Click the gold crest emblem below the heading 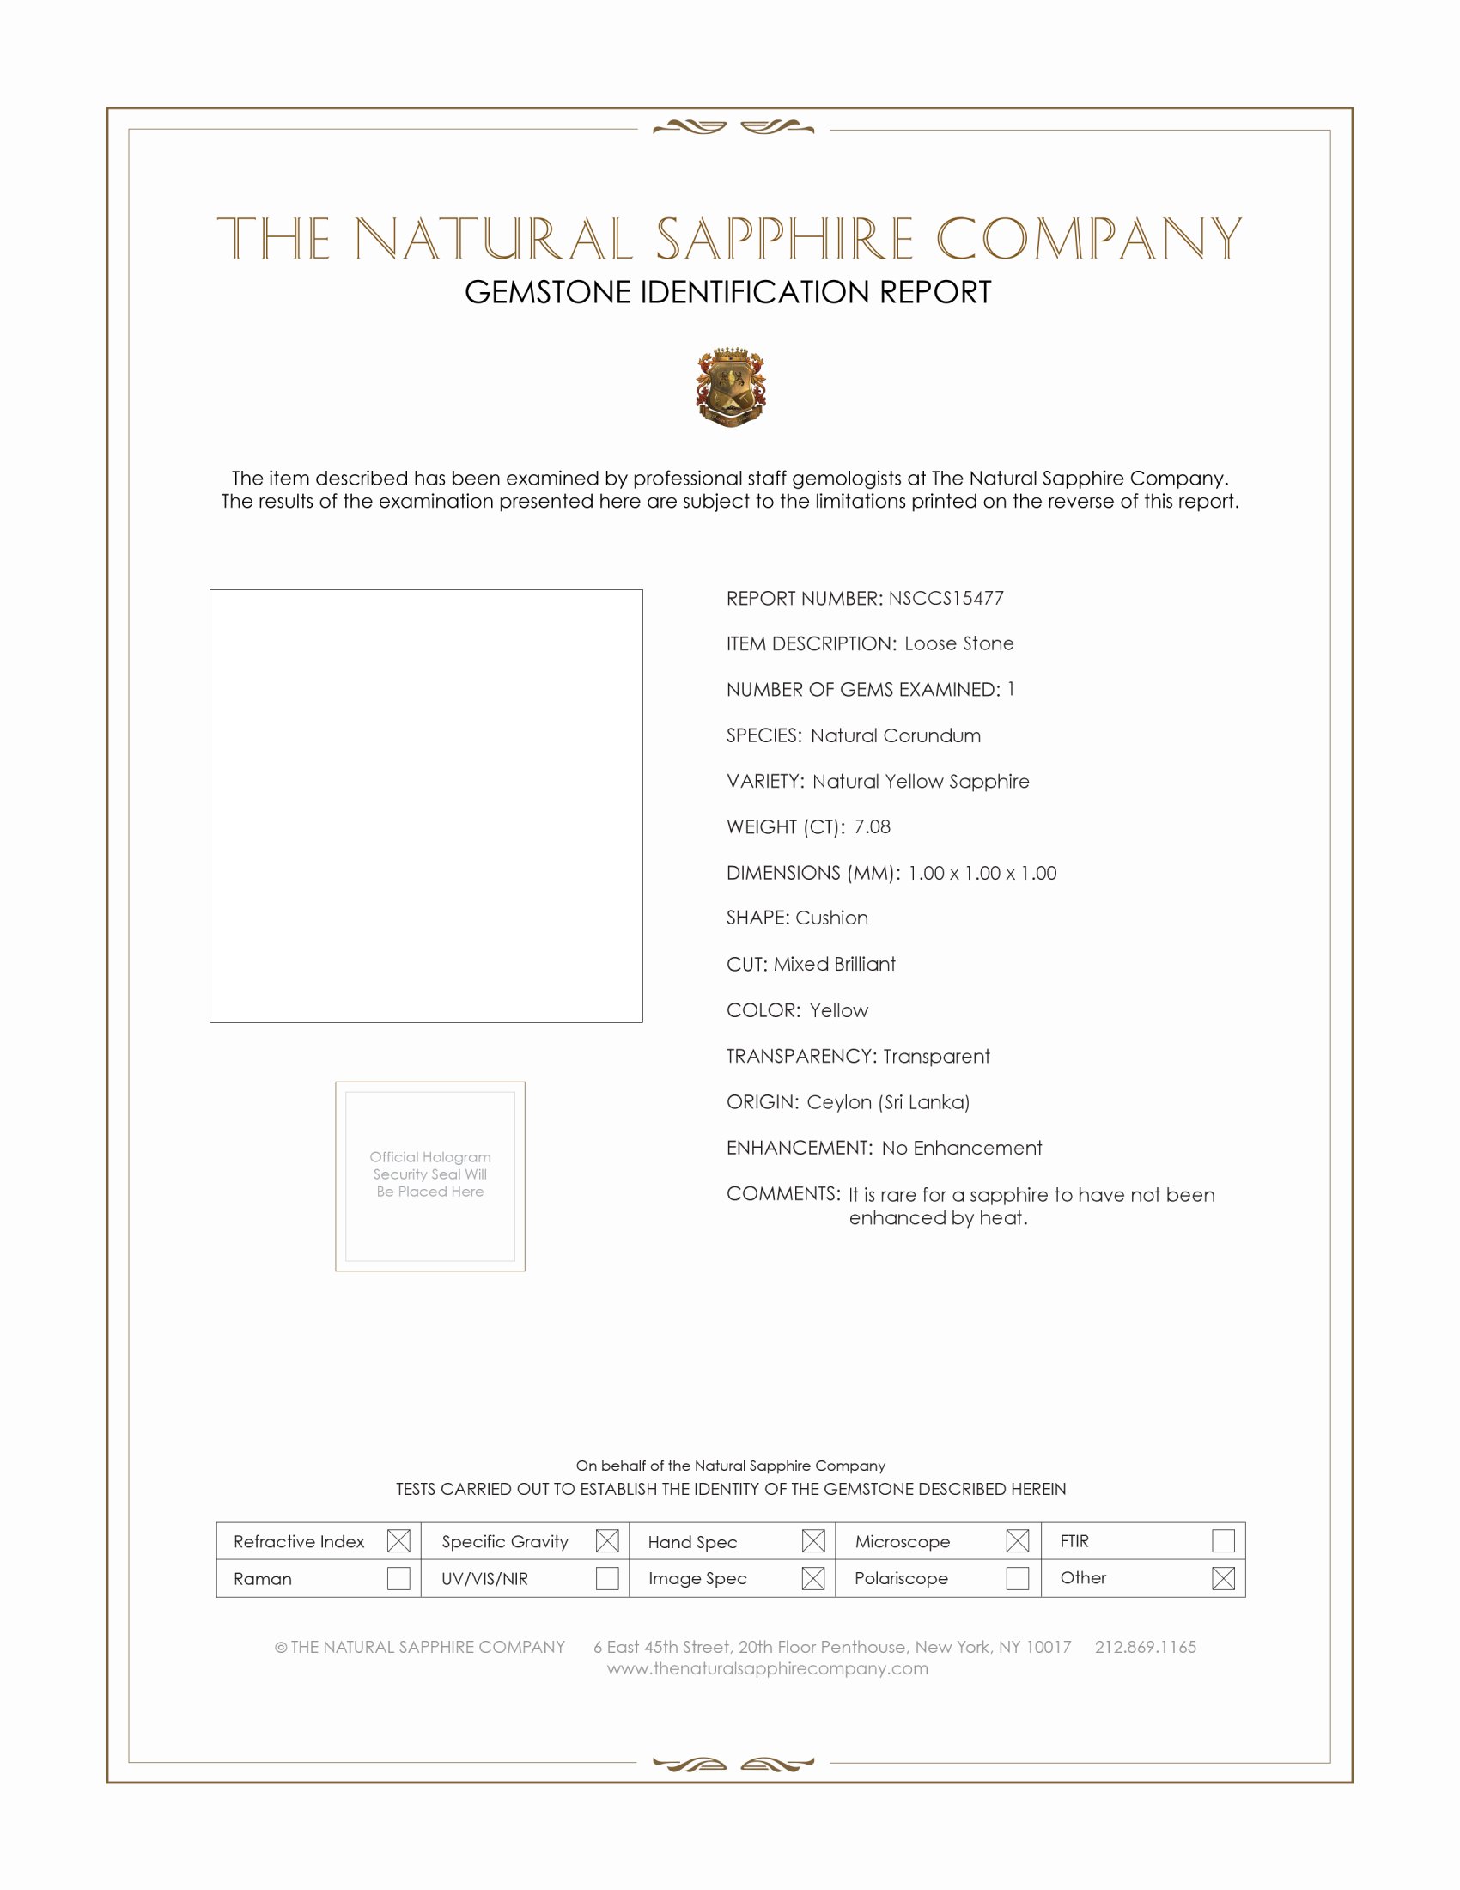tap(731, 387)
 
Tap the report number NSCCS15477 tap(946, 598)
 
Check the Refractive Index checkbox tap(398, 1540)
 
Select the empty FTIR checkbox tap(1223, 1540)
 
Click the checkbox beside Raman tap(398, 1578)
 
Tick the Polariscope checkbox tap(1017, 1578)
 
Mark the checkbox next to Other tap(1223, 1578)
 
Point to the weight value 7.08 tap(872, 826)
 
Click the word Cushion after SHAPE tap(832, 918)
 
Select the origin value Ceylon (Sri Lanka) tap(888, 1101)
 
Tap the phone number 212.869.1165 tap(1145, 1647)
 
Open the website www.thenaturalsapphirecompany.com tap(767, 1668)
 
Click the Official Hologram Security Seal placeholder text tap(430, 1174)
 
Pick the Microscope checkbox tap(1017, 1540)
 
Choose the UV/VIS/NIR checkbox tap(607, 1578)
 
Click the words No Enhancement tap(962, 1148)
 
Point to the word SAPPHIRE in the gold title tap(783, 239)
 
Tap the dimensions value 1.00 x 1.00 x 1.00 tap(982, 872)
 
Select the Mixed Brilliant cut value tap(835, 964)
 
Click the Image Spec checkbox tap(813, 1578)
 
